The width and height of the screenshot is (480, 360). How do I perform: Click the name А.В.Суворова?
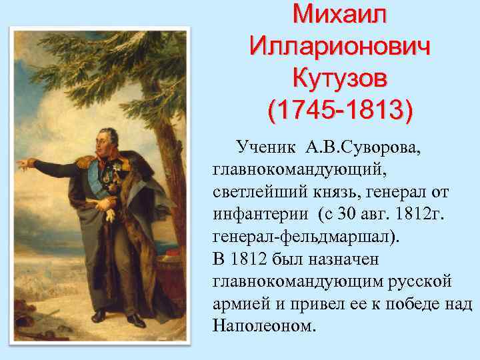pos(363,146)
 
